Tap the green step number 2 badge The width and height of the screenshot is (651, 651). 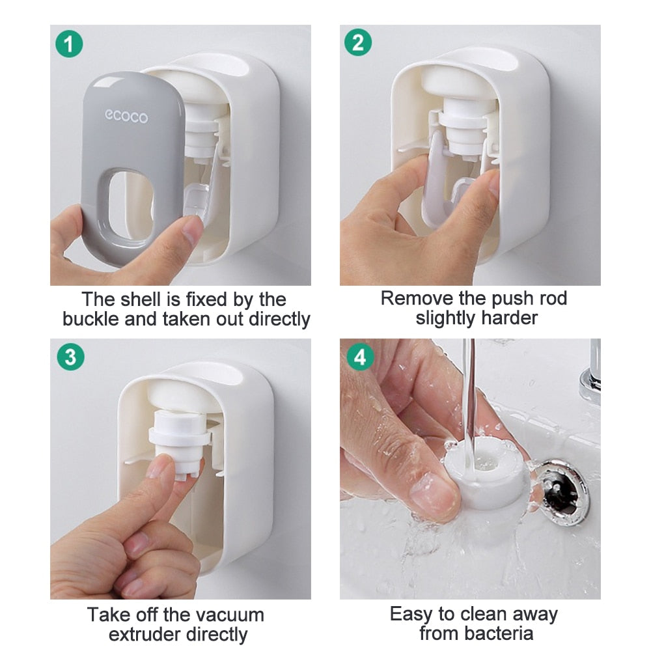[357, 43]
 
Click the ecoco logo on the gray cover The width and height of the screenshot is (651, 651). [126, 117]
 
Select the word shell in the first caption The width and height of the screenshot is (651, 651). [143, 299]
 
